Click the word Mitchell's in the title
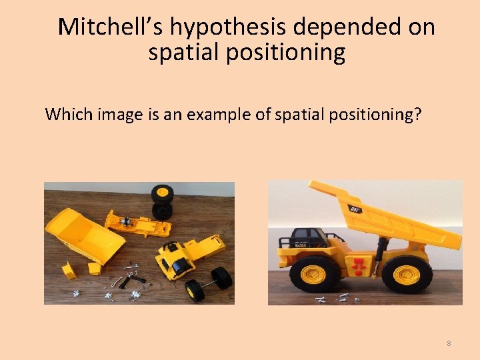110,27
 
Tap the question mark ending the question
417,114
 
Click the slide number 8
449,343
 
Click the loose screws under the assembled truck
337,299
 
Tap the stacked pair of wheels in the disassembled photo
162,202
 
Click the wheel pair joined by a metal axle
209,283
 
